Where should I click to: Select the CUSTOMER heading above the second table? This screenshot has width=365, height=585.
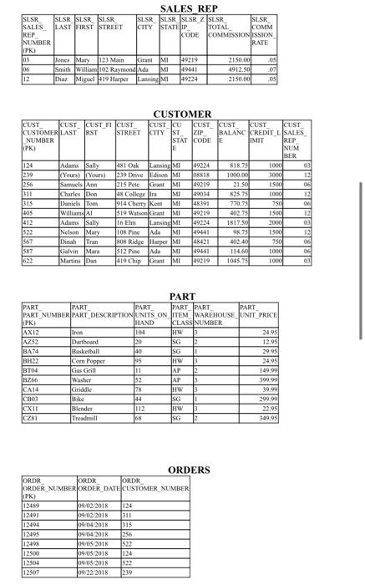click(182, 114)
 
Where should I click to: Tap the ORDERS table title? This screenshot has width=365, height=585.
click(183, 470)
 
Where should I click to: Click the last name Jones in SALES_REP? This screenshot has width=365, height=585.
click(63, 60)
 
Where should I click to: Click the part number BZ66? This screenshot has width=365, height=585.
click(33, 379)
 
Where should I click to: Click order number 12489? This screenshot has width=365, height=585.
click(34, 506)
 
